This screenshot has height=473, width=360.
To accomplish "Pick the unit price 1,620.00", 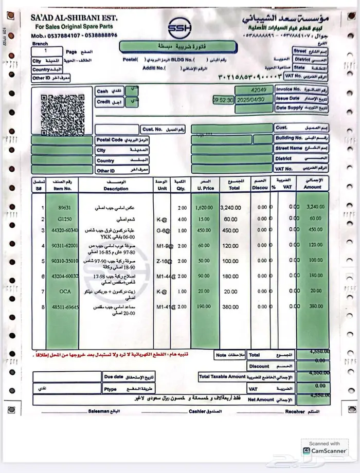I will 205,207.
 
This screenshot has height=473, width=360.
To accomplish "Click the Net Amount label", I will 261,399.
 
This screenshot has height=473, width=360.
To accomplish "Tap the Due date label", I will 114,377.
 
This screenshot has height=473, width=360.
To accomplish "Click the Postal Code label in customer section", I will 110,140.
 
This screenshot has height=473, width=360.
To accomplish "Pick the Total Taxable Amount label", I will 222,377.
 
